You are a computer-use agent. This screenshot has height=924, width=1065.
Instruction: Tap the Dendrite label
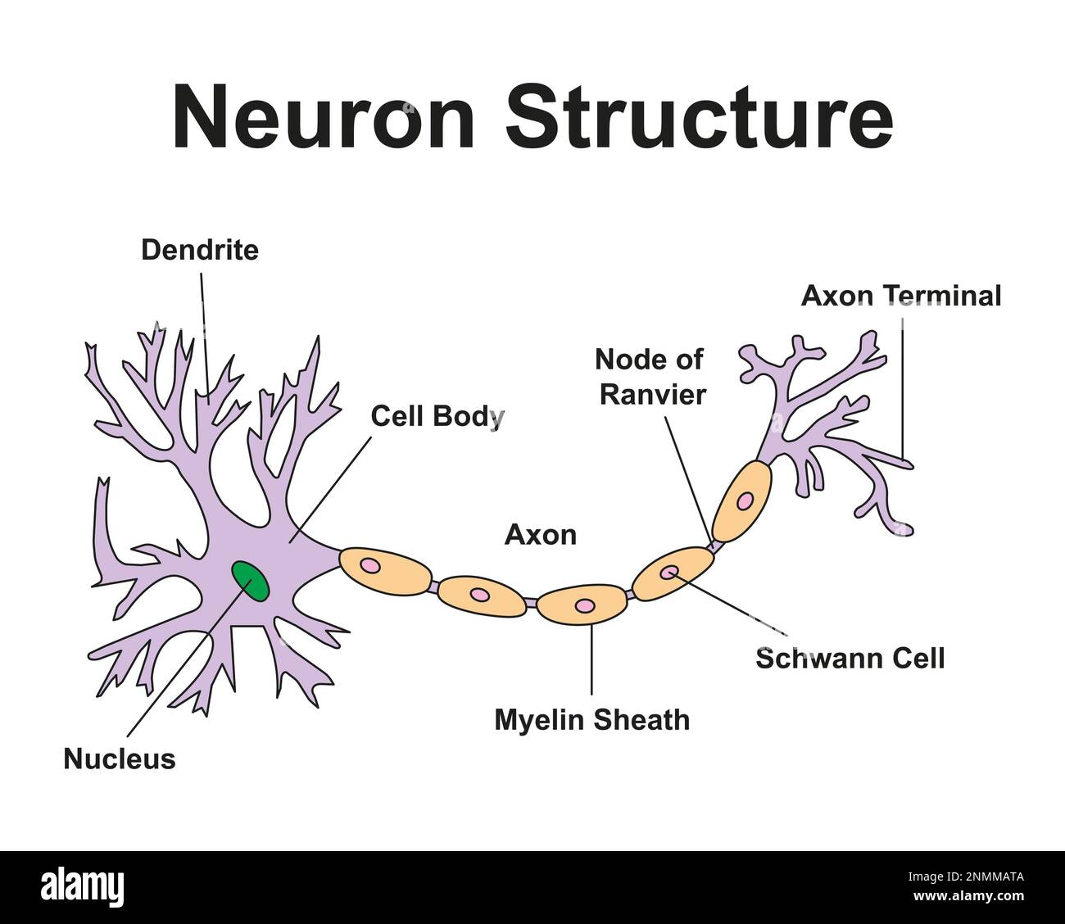point(199,250)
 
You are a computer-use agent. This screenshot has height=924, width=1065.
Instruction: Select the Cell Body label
point(437,416)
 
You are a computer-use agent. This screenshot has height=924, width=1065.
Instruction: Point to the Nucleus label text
point(120,759)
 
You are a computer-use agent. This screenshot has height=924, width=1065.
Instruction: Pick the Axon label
point(540,535)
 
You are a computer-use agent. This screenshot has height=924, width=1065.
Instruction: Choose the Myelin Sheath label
point(591,720)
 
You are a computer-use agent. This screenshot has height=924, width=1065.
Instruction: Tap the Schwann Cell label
point(850,658)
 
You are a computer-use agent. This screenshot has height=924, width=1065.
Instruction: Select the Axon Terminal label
point(900,296)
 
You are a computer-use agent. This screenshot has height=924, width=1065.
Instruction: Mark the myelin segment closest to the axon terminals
point(742,500)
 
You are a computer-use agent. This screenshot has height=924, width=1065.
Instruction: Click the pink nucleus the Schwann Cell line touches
point(670,572)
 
